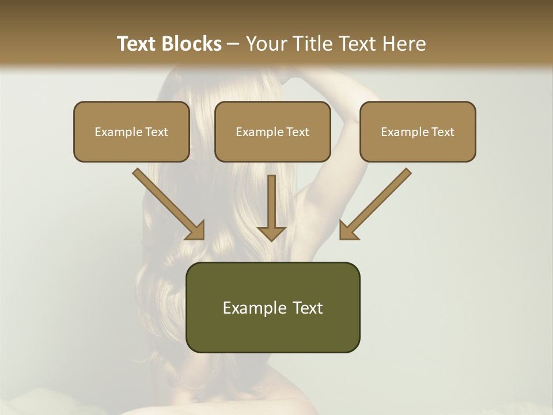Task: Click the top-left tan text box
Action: click(x=131, y=131)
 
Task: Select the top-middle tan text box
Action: click(x=272, y=131)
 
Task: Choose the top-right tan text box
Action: click(x=418, y=131)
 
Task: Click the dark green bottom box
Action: click(x=272, y=307)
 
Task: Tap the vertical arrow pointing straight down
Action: click(x=271, y=205)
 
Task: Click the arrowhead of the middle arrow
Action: click(x=271, y=232)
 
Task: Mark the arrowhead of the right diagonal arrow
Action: click(x=348, y=230)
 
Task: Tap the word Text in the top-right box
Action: click(x=443, y=132)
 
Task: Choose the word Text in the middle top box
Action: click(x=298, y=132)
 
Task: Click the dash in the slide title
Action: click(x=233, y=44)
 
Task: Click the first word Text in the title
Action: click(x=137, y=43)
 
